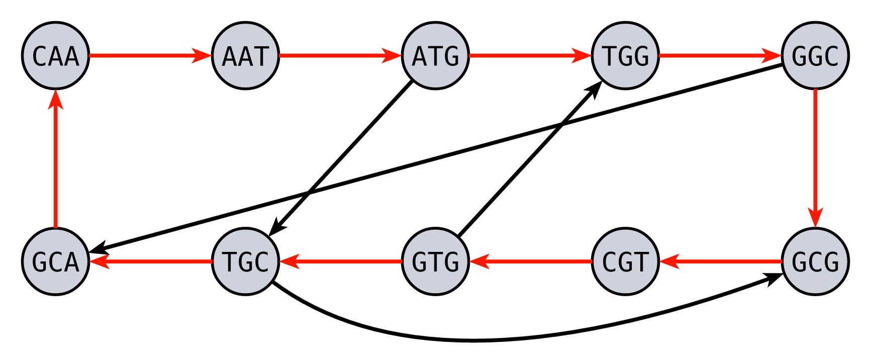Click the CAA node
[x=56, y=55]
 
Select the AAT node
[x=246, y=55]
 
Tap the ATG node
[x=436, y=55]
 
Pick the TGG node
[x=626, y=55]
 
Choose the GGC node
[x=815, y=55]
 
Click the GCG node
[x=815, y=261]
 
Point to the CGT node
[x=626, y=261]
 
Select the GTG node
[x=436, y=261]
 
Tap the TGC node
[x=246, y=261]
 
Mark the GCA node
[x=56, y=261]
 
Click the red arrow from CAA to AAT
[x=151, y=55]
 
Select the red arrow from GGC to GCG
[x=815, y=158]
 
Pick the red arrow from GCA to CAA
[x=56, y=158]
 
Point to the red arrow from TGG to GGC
[x=721, y=55]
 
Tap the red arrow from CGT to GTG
[x=531, y=261]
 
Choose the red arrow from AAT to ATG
[x=341, y=55]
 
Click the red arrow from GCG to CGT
[x=721, y=261]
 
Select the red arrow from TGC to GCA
[x=151, y=261]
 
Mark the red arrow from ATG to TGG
[x=531, y=55]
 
